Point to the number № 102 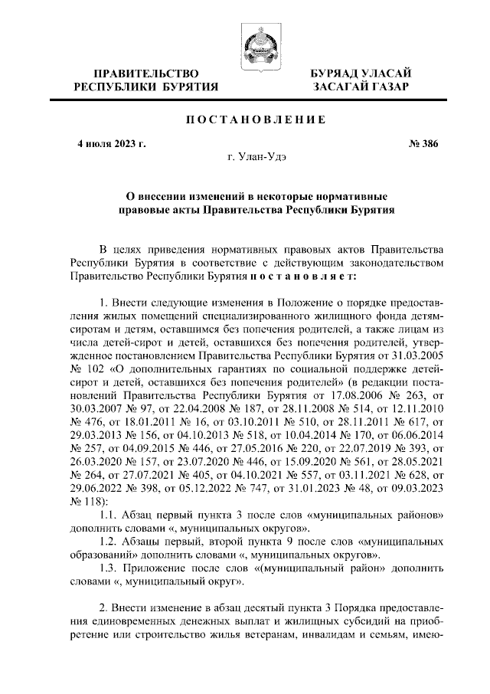(x=86, y=365)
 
